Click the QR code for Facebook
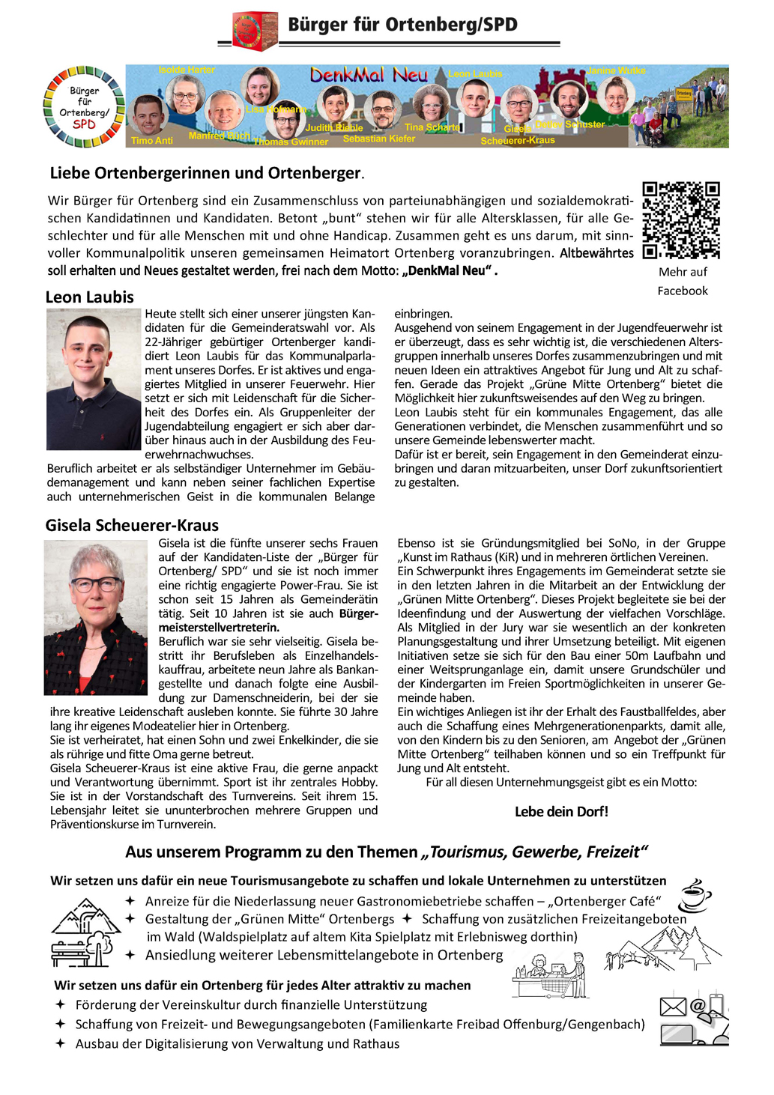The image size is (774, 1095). coord(681,220)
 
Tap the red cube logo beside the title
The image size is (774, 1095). coord(255,31)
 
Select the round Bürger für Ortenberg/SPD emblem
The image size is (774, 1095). coord(84,106)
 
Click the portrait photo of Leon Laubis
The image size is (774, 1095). coord(93,380)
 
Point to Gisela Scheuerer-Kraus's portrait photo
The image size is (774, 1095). coord(96,618)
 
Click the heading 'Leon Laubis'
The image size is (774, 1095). coord(89,297)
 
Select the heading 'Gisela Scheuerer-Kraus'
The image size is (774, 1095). coord(132,525)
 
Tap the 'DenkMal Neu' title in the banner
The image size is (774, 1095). coord(369,75)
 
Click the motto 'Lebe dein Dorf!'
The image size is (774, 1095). coord(561,811)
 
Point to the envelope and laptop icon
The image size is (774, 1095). coord(694,1019)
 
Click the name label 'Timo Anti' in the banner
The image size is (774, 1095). coord(151,141)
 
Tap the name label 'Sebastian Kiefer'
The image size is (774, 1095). coord(379,139)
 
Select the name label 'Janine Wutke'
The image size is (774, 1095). coord(616,70)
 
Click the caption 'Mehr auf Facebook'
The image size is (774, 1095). coord(683,282)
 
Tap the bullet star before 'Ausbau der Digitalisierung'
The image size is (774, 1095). coord(61,1043)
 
